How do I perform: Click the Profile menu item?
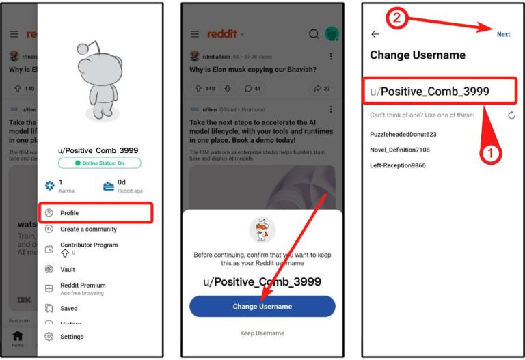[x=70, y=213]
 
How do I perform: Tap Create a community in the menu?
[x=87, y=230]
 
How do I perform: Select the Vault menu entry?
[x=68, y=270]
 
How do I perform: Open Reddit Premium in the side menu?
[x=82, y=286]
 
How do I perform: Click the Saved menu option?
[x=68, y=309]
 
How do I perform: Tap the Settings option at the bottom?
[x=71, y=337]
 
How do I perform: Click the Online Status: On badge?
[x=100, y=163]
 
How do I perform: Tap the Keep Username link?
[x=262, y=333]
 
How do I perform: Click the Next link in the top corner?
[x=503, y=35]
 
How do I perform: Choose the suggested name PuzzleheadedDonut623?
[x=403, y=135]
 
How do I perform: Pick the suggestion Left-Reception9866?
[x=398, y=165]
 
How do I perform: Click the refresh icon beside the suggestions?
[x=511, y=116]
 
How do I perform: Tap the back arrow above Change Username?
[x=375, y=34]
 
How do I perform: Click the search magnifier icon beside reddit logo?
[x=314, y=35]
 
